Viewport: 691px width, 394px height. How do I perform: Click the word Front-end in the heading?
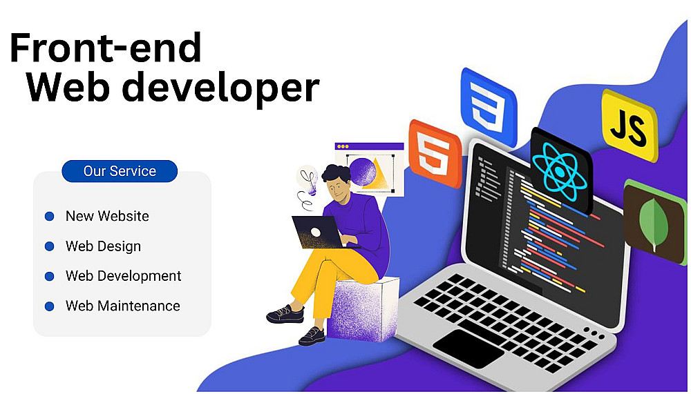[x=106, y=48]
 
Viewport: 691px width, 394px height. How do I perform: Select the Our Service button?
[x=120, y=171]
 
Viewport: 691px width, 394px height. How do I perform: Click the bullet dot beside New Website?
[x=49, y=216]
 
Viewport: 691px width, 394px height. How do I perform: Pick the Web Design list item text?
[x=103, y=246]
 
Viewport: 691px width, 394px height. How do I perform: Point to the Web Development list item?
[x=124, y=275]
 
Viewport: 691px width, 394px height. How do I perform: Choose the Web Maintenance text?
[x=122, y=306]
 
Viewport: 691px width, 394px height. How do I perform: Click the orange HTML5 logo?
[x=435, y=152]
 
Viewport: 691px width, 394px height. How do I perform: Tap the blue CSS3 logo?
[x=489, y=107]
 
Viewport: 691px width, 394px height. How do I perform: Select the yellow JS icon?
[x=630, y=125]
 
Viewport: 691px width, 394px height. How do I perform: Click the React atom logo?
[x=560, y=171]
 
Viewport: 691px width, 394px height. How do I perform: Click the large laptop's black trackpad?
[x=468, y=348]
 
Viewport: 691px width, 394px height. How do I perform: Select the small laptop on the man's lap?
[x=318, y=232]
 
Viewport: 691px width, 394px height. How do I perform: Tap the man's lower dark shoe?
[x=312, y=336]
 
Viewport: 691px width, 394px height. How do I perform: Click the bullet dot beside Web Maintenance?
[x=49, y=306]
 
